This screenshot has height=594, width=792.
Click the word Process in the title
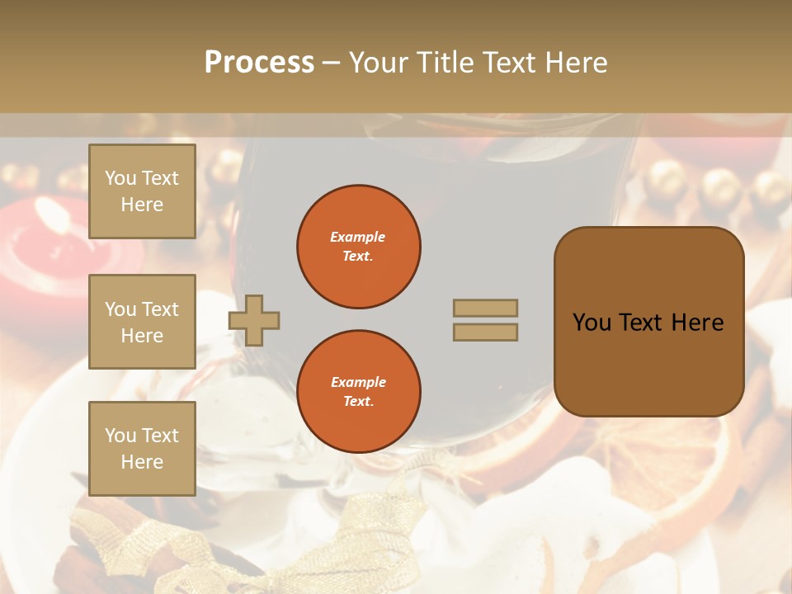pos(259,63)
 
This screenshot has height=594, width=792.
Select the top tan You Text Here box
pos(142,191)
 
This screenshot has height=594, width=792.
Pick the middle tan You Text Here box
pos(142,322)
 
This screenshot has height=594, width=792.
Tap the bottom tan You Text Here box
pos(142,448)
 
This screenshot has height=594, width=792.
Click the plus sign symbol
pos(254,320)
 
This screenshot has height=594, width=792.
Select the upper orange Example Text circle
pos(359,247)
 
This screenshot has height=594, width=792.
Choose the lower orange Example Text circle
pos(359,392)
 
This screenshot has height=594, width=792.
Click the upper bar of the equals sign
pos(486,308)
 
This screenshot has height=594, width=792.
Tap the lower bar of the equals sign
pos(486,332)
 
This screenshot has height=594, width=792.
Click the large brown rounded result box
pos(649,322)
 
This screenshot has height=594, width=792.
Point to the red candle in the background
pos(41,247)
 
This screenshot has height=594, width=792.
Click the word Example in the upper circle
pos(357,237)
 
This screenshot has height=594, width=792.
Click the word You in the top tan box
pos(120,178)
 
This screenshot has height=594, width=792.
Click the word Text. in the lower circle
pos(357,402)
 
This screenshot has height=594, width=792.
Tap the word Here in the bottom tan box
pos(142,462)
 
